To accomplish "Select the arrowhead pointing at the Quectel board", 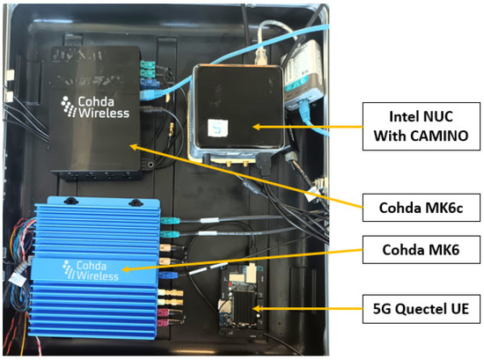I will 254,309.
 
